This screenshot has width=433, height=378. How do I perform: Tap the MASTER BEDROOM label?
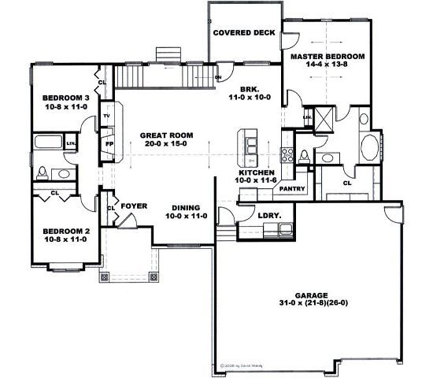(327, 57)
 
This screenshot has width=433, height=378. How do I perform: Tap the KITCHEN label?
(257, 172)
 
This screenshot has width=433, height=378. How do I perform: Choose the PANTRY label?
(292, 189)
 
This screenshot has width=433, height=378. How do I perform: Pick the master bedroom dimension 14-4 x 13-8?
(327, 67)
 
